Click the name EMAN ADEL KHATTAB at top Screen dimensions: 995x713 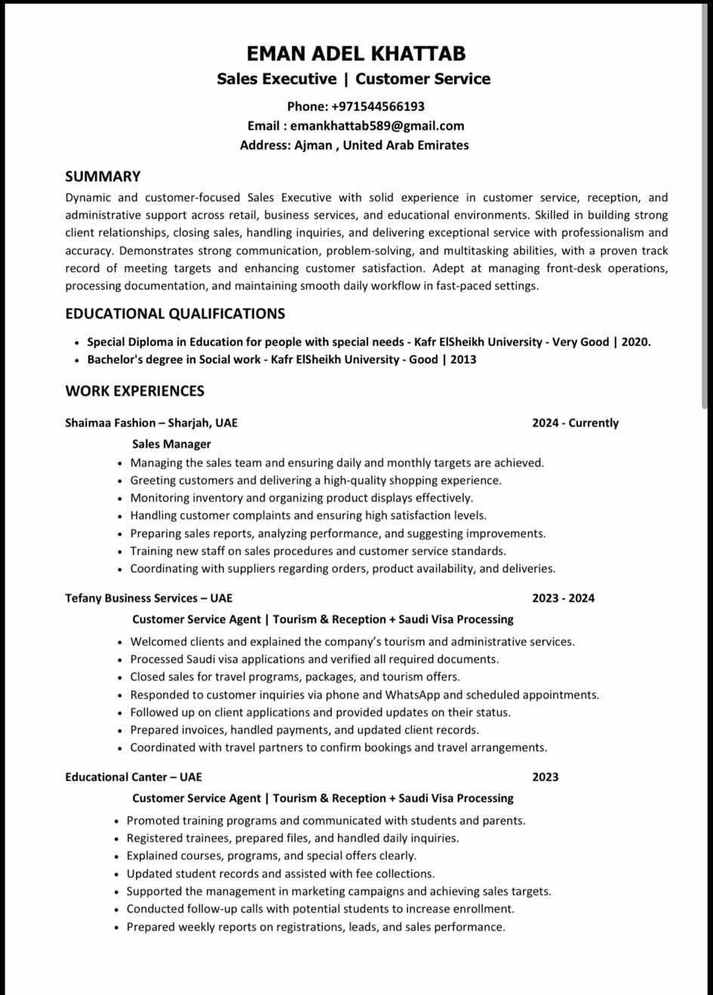pyautogui.click(x=356, y=54)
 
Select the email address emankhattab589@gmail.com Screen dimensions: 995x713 pyautogui.click(x=377, y=126)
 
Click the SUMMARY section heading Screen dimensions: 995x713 pyautogui.click(x=103, y=177)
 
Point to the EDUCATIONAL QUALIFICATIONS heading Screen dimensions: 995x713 pyautogui.click(x=175, y=314)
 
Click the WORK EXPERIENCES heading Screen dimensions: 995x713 pyautogui.click(x=134, y=391)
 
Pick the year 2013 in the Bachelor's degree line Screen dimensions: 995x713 pyautogui.click(x=463, y=359)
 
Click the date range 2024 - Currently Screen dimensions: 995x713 pyautogui.click(x=575, y=423)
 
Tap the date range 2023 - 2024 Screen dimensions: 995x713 pyautogui.click(x=563, y=598)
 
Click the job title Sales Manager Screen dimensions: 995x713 pyautogui.click(x=171, y=444)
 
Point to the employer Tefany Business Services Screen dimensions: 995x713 pyautogui.click(x=131, y=598)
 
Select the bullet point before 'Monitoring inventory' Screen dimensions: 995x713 pyautogui.click(x=120, y=499)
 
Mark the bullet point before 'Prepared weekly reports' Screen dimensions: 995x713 pyautogui.click(x=117, y=928)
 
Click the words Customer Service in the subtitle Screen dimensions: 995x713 pyautogui.click(x=423, y=79)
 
